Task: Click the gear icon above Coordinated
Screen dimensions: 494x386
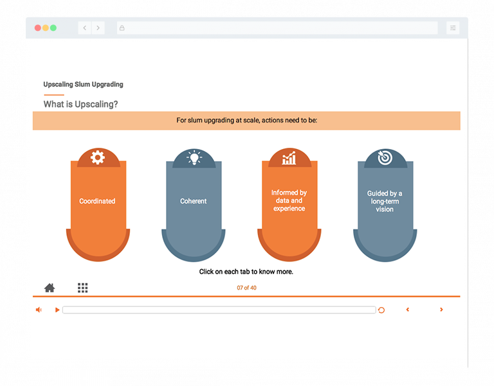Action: point(98,157)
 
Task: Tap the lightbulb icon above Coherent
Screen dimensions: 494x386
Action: point(194,157)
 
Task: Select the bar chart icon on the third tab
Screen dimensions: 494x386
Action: point(289,157)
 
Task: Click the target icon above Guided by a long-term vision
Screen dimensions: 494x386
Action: point(385,157)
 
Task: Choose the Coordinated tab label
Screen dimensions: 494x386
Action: point(97,201)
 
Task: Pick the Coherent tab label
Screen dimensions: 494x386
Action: point(194,201)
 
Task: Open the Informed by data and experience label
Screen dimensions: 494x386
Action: point(289,200)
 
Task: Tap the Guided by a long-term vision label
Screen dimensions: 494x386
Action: point(385,201)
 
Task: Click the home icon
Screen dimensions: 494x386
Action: point(50,288)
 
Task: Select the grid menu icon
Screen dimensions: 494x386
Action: point(83,288)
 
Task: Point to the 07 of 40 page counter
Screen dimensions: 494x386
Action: point(247,288)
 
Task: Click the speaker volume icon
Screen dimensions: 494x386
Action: point(39,310)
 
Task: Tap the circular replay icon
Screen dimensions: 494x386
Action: point(381,310)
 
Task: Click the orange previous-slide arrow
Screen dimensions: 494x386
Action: point(408,310)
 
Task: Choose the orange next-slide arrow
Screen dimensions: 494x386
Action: point(441,310)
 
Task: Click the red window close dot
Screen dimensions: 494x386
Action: point(38,28)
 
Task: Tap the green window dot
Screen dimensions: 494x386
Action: point(53,28)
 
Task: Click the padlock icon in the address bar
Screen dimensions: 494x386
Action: point(122,28)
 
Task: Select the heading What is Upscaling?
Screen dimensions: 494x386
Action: point(80,104)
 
